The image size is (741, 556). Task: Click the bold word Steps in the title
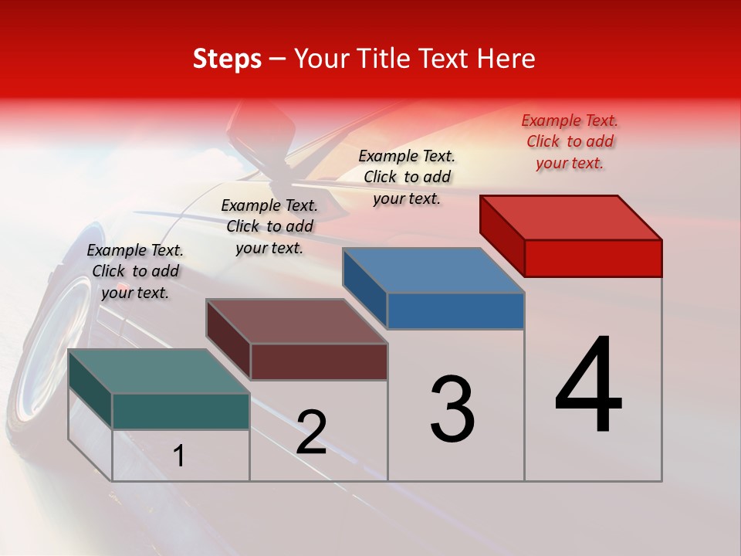pyautogui.click(x=227, y=59)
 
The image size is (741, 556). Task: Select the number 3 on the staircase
pyautogui.click(x=452, y=409)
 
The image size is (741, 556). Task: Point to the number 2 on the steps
pyautogui.click(x=312, y=432)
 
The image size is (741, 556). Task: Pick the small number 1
pyautogui.click(x=179, y=456)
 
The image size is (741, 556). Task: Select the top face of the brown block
pyautogui.click(x=296, y=321)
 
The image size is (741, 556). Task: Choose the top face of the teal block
pyautogui.click(x=159, y=371)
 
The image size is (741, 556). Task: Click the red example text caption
pyautogui.click(x=570, y=141)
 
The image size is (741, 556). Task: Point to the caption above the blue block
pyautogui.click(x=407, y=177)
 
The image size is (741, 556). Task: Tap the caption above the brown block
pyautogui.click(x=269, y=226)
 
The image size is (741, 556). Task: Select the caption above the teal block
pyautogui.click(x=135, y=271)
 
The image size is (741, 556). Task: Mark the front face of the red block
pyautogui.click(x=593, y=258)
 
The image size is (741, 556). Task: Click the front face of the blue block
pyautogui.click(x=455, y=310)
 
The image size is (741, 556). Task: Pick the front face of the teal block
pyautogui.click(x=181, y=411)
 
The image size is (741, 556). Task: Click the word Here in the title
pyautogui.click(x=506, y=59)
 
